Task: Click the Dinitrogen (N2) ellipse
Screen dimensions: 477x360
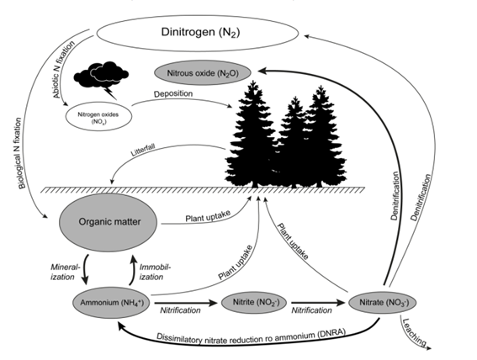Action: coord(198,33)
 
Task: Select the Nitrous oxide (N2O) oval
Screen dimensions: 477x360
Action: coord(203,73)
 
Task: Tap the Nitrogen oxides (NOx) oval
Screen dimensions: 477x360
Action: coord(98,118)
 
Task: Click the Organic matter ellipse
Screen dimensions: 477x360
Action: coord(108,222)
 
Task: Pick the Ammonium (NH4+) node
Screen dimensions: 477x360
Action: coord(111,303)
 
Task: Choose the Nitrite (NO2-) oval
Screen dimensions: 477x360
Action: coord(254,303)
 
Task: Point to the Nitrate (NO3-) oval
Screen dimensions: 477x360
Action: coord(382,303)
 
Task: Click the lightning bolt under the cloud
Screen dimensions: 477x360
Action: coord(110,93)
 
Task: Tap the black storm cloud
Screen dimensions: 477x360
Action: coord(101,74)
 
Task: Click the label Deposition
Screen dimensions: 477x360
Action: coord(173,93)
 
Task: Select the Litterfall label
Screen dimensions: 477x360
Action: coord(143,151)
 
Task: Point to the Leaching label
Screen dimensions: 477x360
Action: coord(414,332)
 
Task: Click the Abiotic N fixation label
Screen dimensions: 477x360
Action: coord(64,70)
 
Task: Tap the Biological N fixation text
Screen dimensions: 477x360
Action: coord(20,153)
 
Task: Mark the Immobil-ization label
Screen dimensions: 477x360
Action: coord(155,273)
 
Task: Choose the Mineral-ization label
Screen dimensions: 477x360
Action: coord(65,273)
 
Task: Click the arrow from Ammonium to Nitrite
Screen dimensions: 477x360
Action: coord(186,303)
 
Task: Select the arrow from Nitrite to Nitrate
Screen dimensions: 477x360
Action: coord(318,303)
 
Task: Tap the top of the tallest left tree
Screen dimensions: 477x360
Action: coord(252,81)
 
